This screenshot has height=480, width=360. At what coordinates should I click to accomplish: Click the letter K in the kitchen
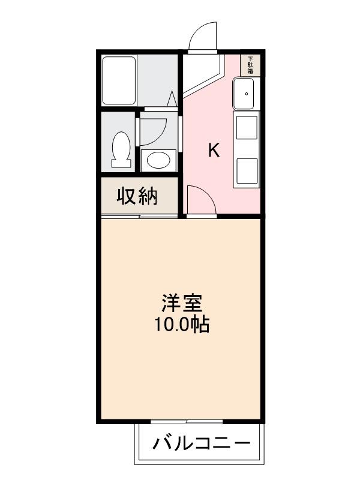pos(214,151)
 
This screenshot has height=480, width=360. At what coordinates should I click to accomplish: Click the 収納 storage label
pos(137,196)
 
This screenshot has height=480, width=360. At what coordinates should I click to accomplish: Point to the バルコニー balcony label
pos(202,445)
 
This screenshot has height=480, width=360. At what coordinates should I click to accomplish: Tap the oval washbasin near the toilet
pos(158,160)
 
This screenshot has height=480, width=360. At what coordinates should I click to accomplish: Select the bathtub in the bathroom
pos(120,80)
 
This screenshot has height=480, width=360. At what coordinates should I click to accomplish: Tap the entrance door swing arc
pos(201,37)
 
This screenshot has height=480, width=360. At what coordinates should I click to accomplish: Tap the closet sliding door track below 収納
pos(139,215)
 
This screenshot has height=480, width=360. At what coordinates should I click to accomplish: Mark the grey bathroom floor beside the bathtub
pos(158,80)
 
